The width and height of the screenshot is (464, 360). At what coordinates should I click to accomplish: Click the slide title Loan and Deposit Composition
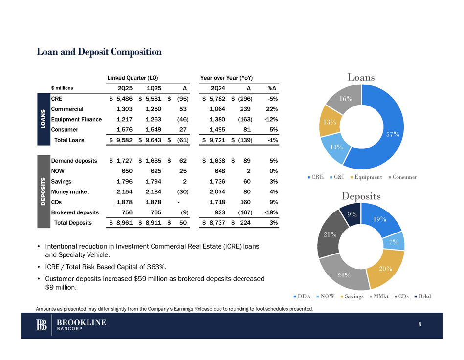tap(99, 52)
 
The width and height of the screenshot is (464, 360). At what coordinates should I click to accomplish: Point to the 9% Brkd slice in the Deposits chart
tap(352, 215)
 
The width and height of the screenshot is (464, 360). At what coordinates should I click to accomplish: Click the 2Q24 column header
tap(218, 88)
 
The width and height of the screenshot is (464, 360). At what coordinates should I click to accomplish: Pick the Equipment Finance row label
tap(76, 119)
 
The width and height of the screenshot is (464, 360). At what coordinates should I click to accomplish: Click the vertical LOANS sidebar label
tap(43, 119)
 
